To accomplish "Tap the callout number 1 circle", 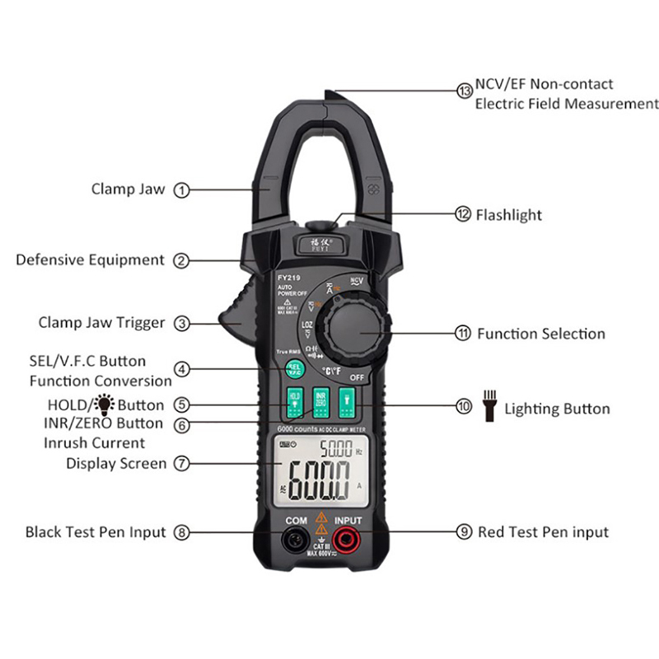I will (x=182, y=189).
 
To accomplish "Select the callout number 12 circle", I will (x=463, y=214).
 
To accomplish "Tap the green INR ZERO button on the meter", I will (x=321, y=401).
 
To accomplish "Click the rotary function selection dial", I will (x=352, y=329).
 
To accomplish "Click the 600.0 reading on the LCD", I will (x=317, y=485).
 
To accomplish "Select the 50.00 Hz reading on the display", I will (x=338, y=450).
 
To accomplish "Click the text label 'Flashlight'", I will (x=509, y=215).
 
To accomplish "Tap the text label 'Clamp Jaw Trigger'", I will (x=101, y=323).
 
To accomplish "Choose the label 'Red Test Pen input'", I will (x=543, y=532).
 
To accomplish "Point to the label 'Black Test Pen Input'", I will (x=96, y=532).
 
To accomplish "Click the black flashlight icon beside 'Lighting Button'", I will (x=488, y=409).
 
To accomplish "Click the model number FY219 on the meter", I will (x=287, y=278).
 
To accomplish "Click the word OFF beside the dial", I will (x=357, y=377).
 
